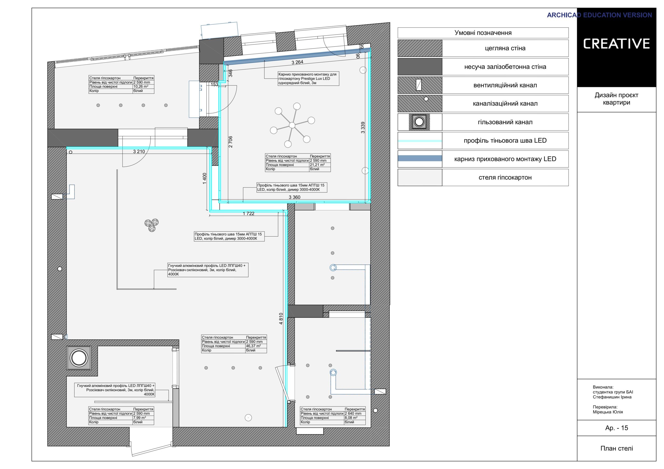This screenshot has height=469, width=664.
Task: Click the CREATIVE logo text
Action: click(616, 44)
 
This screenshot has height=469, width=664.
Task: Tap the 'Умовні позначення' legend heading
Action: click(483, 33)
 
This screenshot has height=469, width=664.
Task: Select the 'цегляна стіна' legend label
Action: click(505, 48)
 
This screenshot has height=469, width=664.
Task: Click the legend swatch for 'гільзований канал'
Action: click(419, 122)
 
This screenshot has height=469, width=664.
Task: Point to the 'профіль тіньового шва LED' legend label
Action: click(505, 140)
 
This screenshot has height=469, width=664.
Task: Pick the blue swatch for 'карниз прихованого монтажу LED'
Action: click(420, 158)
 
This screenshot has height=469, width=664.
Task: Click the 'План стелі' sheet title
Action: click(617, 448)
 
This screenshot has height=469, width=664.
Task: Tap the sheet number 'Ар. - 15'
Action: click(617, 428)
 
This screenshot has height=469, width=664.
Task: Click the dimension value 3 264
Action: click(297, 62)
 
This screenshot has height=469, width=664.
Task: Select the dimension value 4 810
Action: click(281, 319)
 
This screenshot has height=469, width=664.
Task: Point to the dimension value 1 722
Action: click(248, 214)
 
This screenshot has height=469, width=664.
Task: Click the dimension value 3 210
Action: click(139, 151)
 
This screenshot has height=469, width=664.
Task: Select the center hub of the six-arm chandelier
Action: click(292, 125)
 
